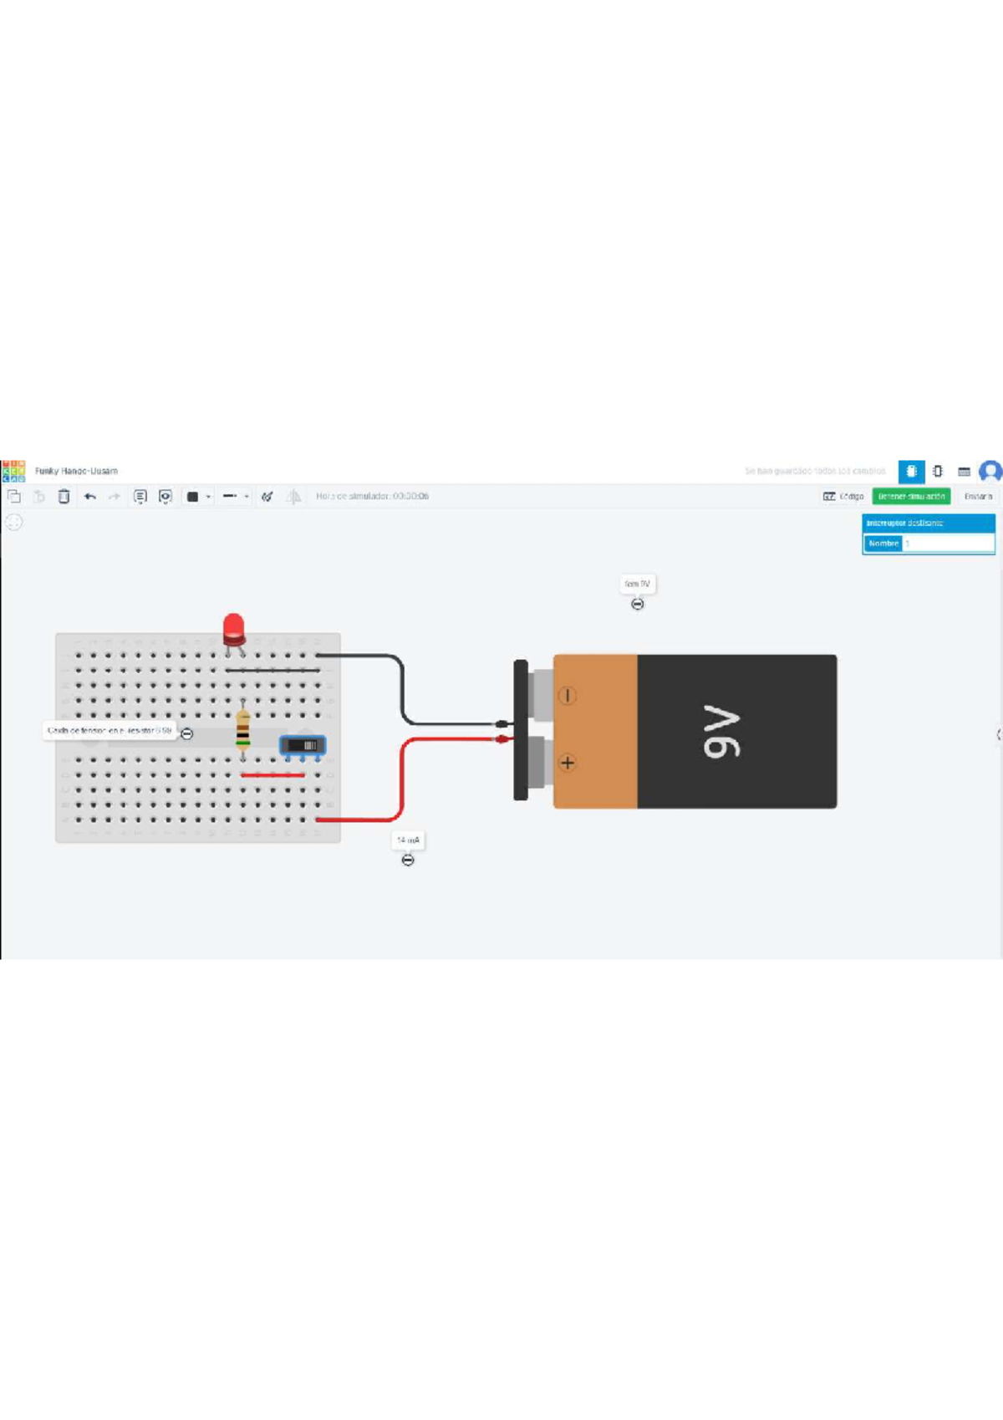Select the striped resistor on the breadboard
coord(242,729)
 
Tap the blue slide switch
coord(303,745)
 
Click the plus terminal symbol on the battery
coord(568,763)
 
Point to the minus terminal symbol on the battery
coord(568,696)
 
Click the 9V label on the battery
coord(721,732)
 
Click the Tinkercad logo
coord(13,471)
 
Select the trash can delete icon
coord(64,497)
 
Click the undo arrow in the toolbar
coord(90,497)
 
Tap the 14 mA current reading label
coord(408,840)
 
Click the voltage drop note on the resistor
coord(109,731)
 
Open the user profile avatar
coord(990,472)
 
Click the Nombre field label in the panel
coord(883,544)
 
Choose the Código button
coord(843,497)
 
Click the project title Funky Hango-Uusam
coord(76,471)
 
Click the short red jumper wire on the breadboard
coord(272,775)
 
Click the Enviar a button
coord(977,497)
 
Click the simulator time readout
coord(372,497)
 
